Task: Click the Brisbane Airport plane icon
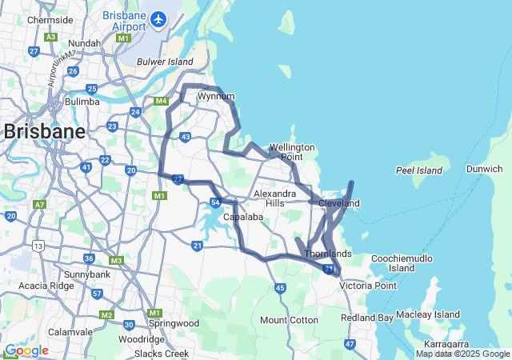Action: point(158,18)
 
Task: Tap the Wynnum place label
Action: point(215,96)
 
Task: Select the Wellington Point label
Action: point(291,152)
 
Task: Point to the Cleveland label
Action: point(339,203)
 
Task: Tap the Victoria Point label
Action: point(367,285)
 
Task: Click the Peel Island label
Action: point(418,170)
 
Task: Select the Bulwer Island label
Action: point(166,61)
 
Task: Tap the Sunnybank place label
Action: point(87,274)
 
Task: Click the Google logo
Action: point(26,350)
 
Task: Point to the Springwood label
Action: point(173,323)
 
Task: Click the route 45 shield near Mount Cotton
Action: point(279,288)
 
